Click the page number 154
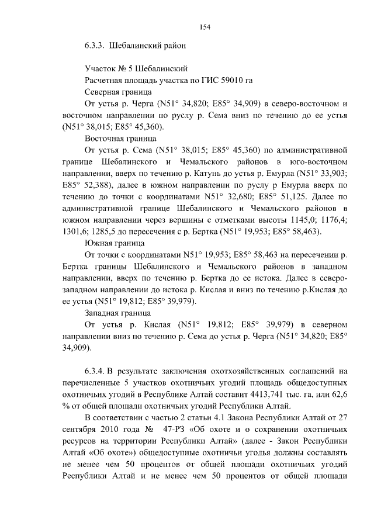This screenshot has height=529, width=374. [x=205, y=27]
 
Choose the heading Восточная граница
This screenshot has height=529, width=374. [x=120, y=139]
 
